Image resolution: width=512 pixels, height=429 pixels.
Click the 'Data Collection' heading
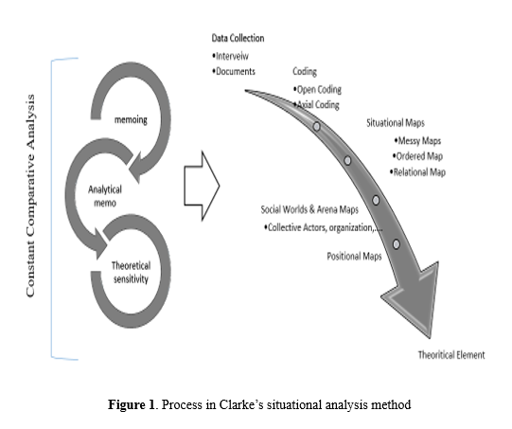coord(238,38)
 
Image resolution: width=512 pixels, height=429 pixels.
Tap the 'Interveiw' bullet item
coord(231,56)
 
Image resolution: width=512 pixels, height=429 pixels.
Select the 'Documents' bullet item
coord(234,71)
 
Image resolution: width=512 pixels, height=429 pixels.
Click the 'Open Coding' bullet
coord(317,89)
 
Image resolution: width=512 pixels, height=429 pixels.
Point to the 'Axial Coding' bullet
coord(316,104)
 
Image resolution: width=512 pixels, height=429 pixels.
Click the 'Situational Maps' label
coord(396,123)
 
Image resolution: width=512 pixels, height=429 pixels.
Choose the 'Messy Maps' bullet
coord(417,141)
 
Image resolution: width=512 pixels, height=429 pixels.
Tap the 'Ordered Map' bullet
coord(417,156)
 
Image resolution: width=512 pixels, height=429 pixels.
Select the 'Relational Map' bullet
coord(417,171)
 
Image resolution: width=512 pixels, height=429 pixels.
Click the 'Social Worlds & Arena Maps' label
coord(309,209)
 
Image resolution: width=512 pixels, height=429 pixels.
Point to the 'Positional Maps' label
coord(354,256)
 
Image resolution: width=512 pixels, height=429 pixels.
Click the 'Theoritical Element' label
coord(451,355)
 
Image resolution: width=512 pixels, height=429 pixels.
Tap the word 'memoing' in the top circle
coord(131,120)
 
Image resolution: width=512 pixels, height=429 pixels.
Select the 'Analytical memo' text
coord(105,196)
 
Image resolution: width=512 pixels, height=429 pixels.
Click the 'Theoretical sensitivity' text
coord(131,272)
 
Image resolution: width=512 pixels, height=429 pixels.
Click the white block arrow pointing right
coord(202,186)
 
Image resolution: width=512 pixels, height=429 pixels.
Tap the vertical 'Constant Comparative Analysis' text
coord(30,196)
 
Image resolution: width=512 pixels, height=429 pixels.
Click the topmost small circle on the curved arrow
coord(316,127)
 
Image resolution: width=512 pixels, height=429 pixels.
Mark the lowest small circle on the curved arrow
coord(397,244)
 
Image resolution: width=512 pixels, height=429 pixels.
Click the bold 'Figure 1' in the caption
coord(131,404)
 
